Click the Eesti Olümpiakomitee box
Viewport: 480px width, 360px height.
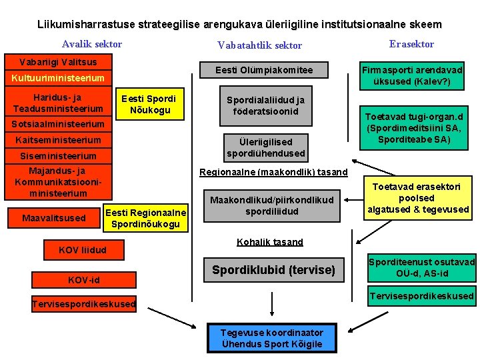(264, 71)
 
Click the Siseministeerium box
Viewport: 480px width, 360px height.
(57, 156)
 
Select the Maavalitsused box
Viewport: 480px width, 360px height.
(54, 218)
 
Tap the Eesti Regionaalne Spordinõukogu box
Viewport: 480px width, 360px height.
(146, 218)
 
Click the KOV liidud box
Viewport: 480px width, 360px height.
(83, 251)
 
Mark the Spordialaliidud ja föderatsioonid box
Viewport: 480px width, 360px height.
(266, 105)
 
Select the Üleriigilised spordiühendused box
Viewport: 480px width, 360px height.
(266, 147)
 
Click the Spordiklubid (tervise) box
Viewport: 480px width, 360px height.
(273, 270)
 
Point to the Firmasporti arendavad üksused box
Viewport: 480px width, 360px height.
(412, 76)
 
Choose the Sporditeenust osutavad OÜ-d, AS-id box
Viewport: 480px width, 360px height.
(421, 268)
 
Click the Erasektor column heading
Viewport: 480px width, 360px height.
(411, 44)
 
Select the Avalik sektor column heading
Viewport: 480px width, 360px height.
(92, 44)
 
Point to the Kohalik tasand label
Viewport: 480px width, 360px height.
(270, 242)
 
